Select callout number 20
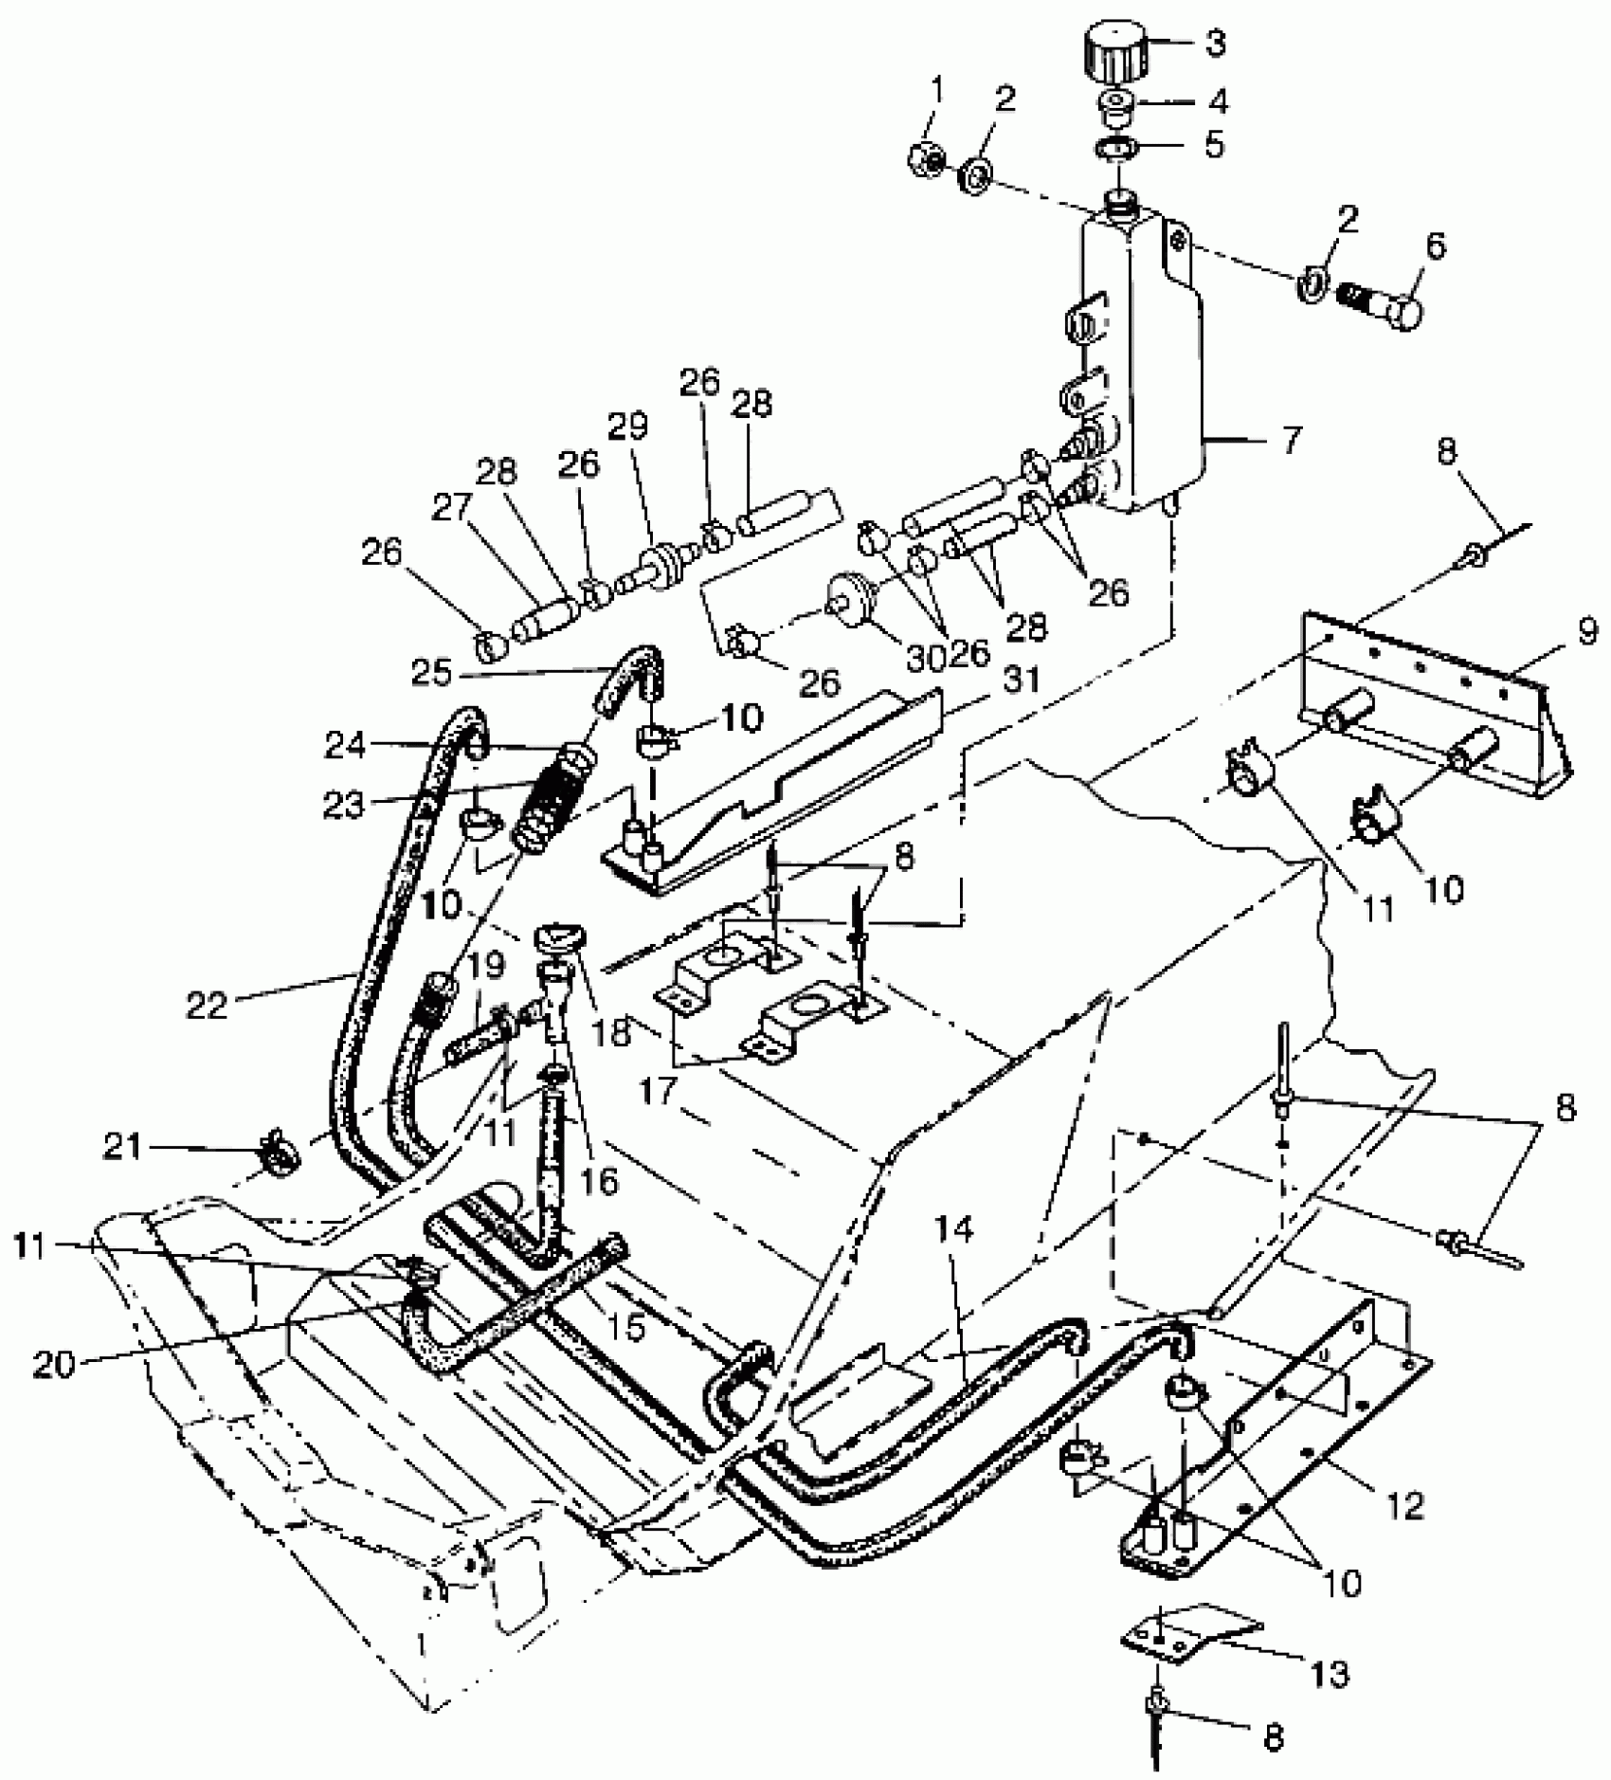(x=54, y=1365)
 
